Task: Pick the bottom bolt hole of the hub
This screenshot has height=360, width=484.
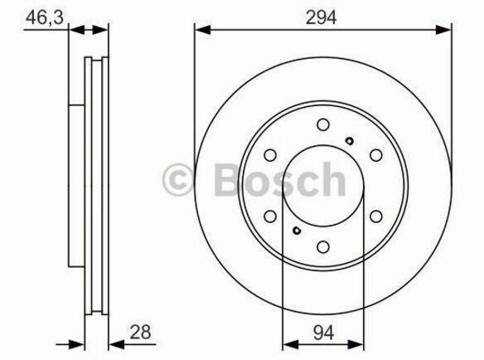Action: pos(323,246)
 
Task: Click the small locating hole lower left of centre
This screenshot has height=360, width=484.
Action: pos(296,231)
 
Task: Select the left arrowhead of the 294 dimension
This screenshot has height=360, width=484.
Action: pos(200,31)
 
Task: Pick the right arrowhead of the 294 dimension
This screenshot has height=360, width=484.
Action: pos(447,31)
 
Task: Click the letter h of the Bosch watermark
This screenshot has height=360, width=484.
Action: pos(330,179)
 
